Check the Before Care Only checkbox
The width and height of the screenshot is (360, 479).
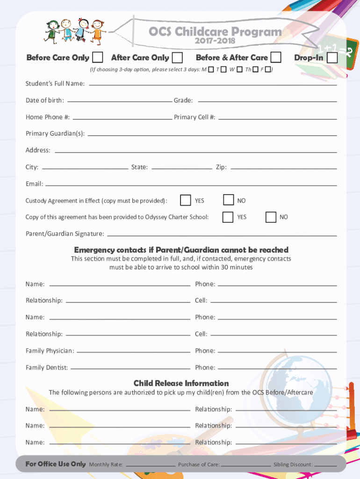pyautogui.click(x=98, y=58)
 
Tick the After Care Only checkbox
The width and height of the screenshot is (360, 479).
pyautogui.click(x=177, y=58)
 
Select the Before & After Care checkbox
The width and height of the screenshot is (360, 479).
pyautogui.click(x=276, y=58)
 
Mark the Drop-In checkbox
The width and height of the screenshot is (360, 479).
pyautogui.click(x=332, y=58)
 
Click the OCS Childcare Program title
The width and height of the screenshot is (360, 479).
pyautogui.click(x=215, y=32)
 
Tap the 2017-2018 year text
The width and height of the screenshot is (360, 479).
pyautogui.click(x=215, y=41)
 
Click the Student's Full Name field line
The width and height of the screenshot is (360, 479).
pyautogui.click(x=213, y=85)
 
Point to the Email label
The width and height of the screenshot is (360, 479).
pyautogui.click(x=34, y=184)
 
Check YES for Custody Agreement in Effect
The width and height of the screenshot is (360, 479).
pyautogui.click(x=186, y=200)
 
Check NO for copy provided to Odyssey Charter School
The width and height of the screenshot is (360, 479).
pyautogui.click(x=271, y=217)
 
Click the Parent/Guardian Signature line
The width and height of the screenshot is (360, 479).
pyautogui.click(x=222, y=235)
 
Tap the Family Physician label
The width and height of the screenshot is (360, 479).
pyautogui.click(x=50, y=351)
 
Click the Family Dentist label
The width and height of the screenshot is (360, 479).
pyautogui.click(x=47, y=368)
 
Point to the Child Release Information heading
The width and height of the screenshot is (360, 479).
pyautogui.click(x=181, y=383)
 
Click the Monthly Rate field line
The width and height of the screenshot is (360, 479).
pyautogui.click(x=150, y=466)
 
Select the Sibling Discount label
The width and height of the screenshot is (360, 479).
pyautogui.click(x=293, y=464)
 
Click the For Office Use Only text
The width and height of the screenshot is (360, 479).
pyautogui.click(x=56, y=464)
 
